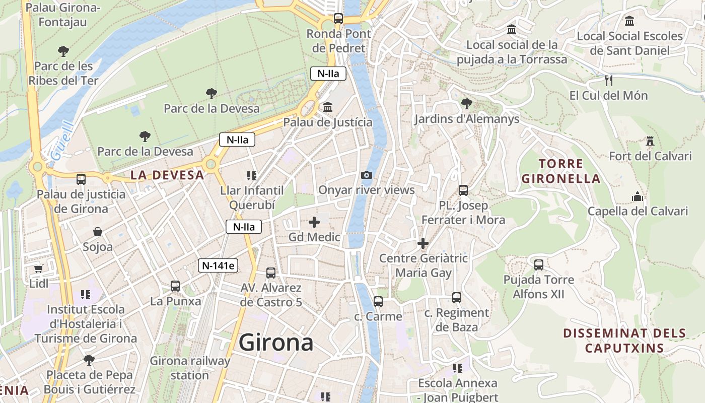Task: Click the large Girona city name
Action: [276, 343]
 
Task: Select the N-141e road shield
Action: [218, 265]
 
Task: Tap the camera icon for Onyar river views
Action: [367, 175]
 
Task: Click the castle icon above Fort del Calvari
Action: [650, 141]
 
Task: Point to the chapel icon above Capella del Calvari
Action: [638, 196]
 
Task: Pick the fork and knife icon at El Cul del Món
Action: [608, 81]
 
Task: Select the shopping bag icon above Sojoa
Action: [98, 232]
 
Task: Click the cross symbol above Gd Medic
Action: [314, 222]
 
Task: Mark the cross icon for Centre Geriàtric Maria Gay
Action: [423, 244]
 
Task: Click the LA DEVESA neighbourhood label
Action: [167, 175]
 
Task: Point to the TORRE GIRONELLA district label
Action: [560, 171]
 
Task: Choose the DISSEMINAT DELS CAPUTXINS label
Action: [624, 340]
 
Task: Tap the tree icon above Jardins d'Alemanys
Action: [466, 104]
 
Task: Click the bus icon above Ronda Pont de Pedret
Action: [338, 19]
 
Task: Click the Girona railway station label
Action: [190, 368]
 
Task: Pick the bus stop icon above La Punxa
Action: [175, 286]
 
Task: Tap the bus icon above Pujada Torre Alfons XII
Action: [538, 264]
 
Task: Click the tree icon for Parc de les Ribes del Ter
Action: [63, 51]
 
